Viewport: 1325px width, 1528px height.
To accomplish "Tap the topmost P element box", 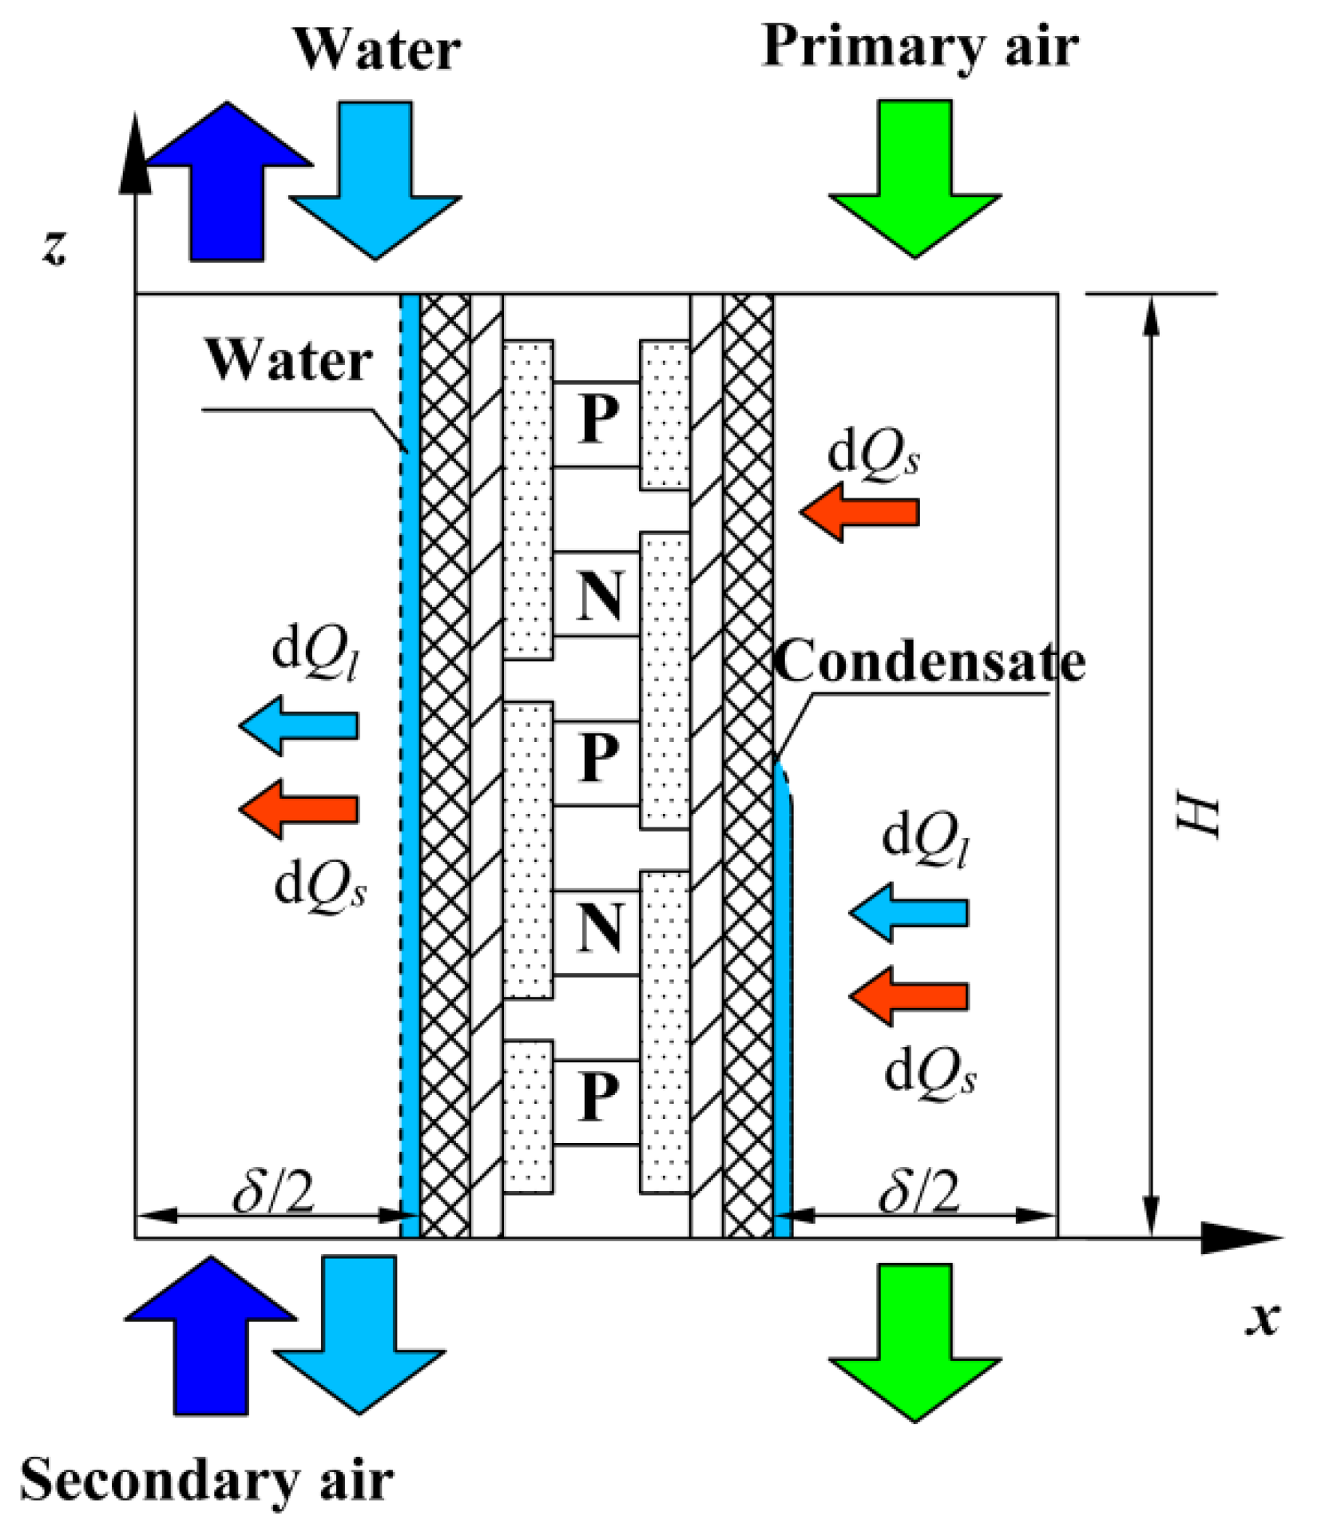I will coord(597,423).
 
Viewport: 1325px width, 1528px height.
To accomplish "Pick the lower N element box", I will coord(597,930).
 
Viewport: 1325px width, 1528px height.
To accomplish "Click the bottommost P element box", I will coord(597,1101).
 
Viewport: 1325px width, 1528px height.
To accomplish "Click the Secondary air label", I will coord(206,1480).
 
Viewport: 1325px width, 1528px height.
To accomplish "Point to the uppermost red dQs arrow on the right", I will coord(861,511).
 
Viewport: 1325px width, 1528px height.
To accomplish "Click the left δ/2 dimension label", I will coord(274,1193).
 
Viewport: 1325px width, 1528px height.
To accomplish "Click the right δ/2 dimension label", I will coord(918,1193).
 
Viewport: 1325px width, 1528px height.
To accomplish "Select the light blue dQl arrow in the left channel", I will coord(300,725).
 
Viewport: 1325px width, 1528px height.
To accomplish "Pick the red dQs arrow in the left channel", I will coord(300,809).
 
